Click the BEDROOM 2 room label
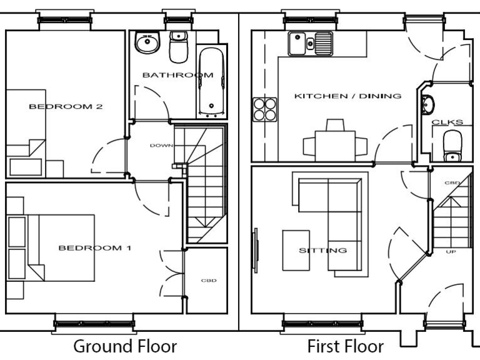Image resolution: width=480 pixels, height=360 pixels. tap(66, 106)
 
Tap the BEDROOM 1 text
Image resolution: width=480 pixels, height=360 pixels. tap(95, 248)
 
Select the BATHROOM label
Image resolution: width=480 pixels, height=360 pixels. tap(177, 75)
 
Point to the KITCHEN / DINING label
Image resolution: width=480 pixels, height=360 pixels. tap(347, 96)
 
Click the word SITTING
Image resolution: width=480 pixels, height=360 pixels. tap(322, 251)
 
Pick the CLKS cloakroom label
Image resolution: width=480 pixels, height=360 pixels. tap(447, 122)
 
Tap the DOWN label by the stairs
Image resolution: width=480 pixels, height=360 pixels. tap(159, 146)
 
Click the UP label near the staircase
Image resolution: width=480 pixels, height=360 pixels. tap(450, 252)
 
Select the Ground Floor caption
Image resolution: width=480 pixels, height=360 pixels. tap(125, 346)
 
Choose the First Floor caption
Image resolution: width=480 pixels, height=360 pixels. tap(346, 346)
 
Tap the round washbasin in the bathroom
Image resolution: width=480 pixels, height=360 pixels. tap(147, 44)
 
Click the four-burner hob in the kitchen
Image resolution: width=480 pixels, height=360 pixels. tap(265, 109)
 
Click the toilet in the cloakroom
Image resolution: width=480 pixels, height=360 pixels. tap(451, 147)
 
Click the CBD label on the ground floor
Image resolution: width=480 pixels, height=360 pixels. tap(208, 280)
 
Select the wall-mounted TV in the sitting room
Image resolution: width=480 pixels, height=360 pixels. tap(255, 250)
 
